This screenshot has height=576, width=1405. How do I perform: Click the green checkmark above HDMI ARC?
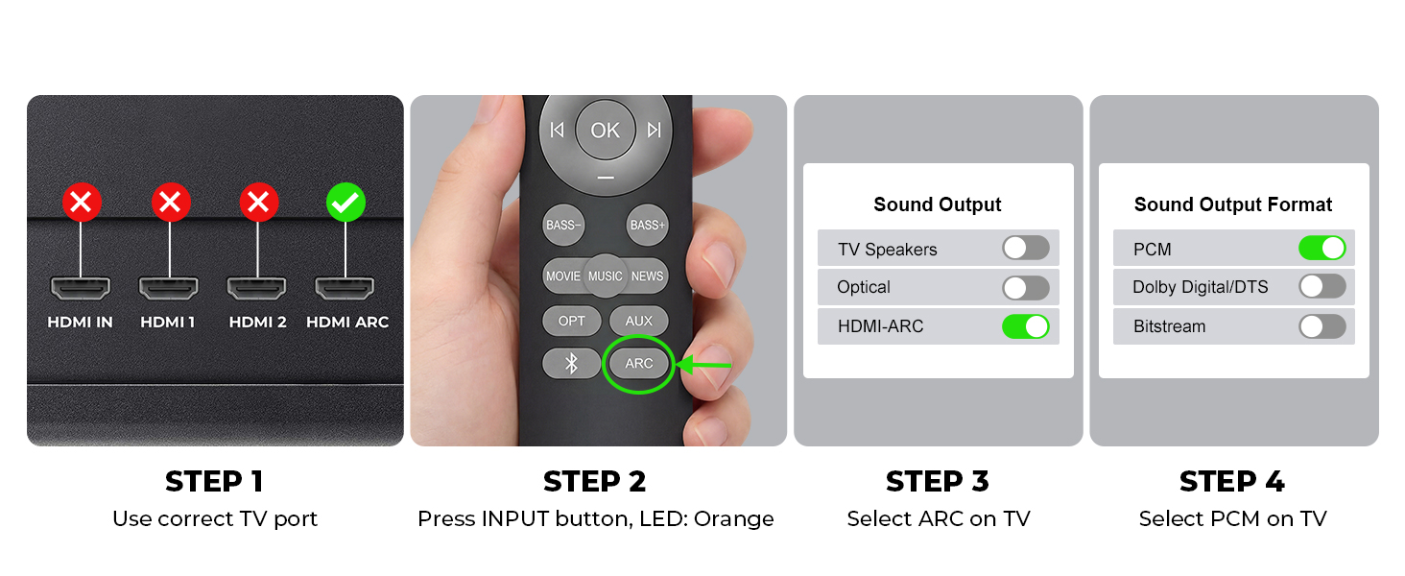tap(345, 202)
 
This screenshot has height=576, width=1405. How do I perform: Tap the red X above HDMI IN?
tap(82, 202)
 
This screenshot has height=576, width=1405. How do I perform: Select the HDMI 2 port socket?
tap(256, 288)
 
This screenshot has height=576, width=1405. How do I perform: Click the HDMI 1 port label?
tap(168, 322)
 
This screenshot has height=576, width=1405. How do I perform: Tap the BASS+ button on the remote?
tap(647, 225)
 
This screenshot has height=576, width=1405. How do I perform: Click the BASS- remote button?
tap(563, 225)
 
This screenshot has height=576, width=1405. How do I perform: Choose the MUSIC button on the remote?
tap(606, 276)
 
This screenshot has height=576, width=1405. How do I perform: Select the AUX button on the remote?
tap(638, 321)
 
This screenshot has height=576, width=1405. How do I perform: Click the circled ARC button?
tap(638, 363)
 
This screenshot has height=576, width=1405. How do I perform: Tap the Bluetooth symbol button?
tap(571, 363)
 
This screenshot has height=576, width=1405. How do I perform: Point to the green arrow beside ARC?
tap(703, 365)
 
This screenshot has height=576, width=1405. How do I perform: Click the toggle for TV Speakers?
tap(1026, 248)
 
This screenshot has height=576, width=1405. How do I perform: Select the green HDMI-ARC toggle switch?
tap(1026, 326)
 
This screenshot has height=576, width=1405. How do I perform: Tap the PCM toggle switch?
tap(1322, 248)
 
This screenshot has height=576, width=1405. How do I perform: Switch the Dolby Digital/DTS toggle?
tap(1322, 287)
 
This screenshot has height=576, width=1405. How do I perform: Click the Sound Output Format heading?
tap(1233, 204)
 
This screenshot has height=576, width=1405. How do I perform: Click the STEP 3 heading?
tap(938, 482)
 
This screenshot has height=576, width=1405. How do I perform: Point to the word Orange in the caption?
tap(734, 519)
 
